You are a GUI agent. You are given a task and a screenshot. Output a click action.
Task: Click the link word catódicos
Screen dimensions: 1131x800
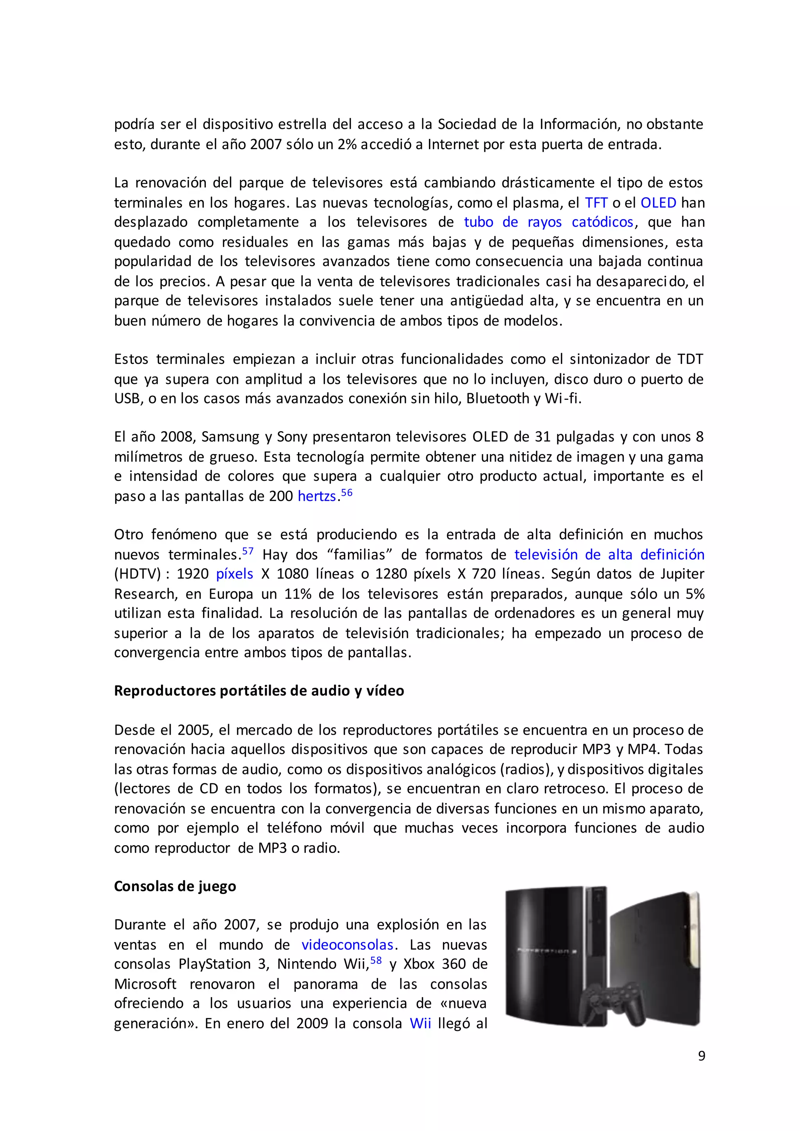tap(602, 223)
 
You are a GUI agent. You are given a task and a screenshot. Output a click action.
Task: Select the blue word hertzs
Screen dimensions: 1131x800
tap(317, 496)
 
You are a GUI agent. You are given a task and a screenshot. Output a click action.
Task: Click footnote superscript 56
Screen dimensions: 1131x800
tap(347, 492)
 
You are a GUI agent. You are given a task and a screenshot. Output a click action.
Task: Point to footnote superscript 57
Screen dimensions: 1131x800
tap(248, 551)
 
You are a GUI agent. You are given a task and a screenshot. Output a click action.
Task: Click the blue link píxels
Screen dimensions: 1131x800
tap(234, 574)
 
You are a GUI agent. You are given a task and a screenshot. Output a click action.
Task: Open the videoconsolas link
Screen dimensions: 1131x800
tap(347, 945)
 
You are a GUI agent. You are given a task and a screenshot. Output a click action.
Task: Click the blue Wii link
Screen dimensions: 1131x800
tap(420, 1023)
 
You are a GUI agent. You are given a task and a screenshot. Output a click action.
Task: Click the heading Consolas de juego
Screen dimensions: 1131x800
tap(175, 886)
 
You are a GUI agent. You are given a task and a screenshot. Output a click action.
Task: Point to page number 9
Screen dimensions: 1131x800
tap(702, 1056)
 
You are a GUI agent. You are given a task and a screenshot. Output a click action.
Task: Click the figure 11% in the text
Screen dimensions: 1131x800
tap(298, 594)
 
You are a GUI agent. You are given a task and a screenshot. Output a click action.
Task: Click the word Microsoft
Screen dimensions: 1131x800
tap(145, 984)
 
